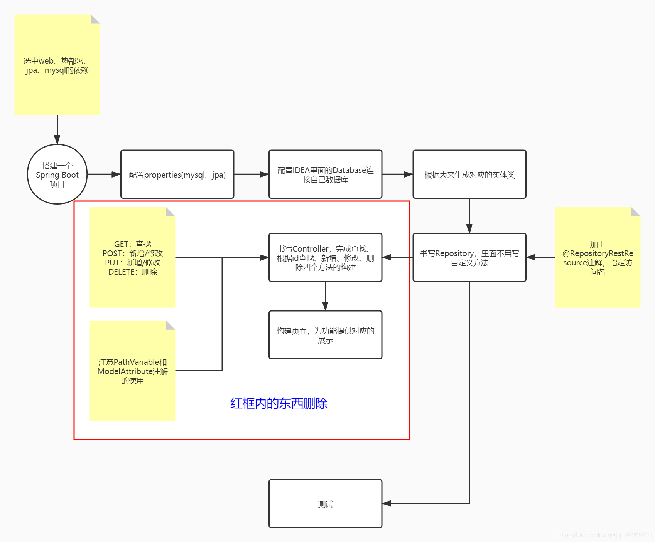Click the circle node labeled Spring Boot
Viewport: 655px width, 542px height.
[57, 175]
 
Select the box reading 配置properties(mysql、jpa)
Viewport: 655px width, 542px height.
[177, 175]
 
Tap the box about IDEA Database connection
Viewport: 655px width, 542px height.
[325, 175]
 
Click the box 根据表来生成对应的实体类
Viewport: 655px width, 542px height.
[469, 175]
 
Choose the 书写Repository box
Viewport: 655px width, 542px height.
[469, 258]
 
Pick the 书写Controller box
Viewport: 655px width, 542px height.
[325, 258]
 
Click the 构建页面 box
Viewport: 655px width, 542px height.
[325, 335]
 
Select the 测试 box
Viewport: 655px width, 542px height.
[325, 504]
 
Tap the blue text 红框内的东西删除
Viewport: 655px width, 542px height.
[279, 403]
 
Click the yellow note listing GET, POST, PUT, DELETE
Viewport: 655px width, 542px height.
[132, 258]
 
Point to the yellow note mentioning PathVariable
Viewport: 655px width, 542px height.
[132, 371]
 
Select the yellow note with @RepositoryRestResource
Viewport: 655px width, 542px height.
[597, 258]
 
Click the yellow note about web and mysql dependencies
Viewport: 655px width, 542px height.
[57, 65]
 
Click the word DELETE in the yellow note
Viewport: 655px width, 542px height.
[122, 272]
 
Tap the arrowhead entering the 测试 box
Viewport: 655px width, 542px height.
[387, 503]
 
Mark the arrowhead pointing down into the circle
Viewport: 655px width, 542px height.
[57, 139]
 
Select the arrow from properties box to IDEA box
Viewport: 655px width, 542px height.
[251, 175]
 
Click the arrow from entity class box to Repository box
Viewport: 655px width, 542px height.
[469, 216]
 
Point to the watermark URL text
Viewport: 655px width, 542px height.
[604, 535]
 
